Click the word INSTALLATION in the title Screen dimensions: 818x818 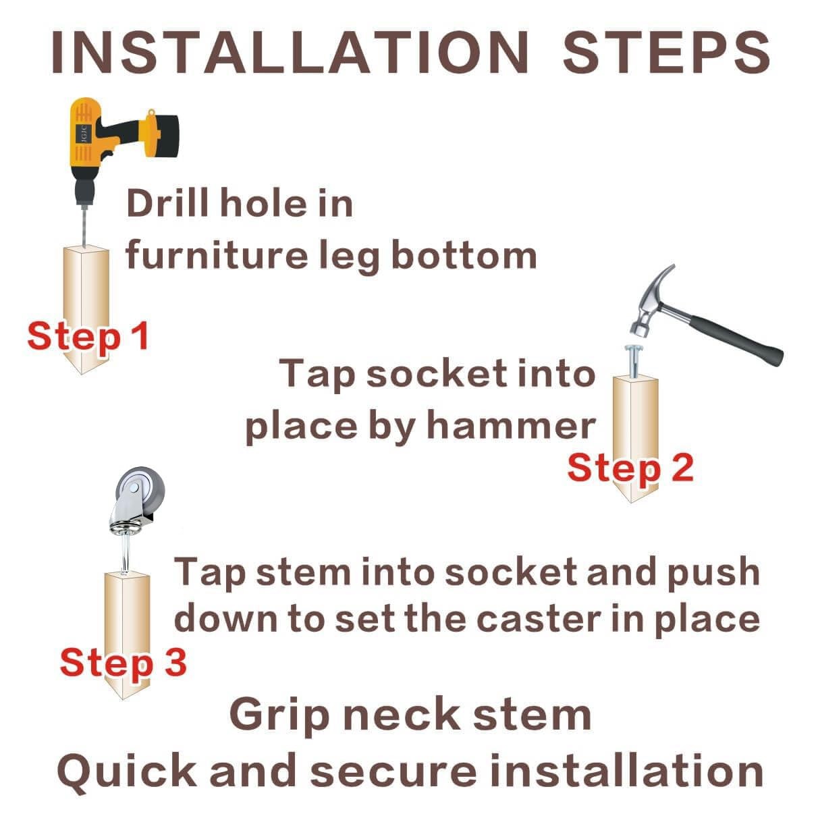[290, 53]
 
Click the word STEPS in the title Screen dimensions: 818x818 [666, 53]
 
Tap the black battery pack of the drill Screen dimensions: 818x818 [163, 136]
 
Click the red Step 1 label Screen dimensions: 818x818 [88, 336]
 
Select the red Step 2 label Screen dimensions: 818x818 [630, 468]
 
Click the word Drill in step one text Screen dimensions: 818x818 [167, 204]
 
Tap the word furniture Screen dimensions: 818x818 [217, 254]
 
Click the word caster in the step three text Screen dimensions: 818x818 [539, 620]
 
